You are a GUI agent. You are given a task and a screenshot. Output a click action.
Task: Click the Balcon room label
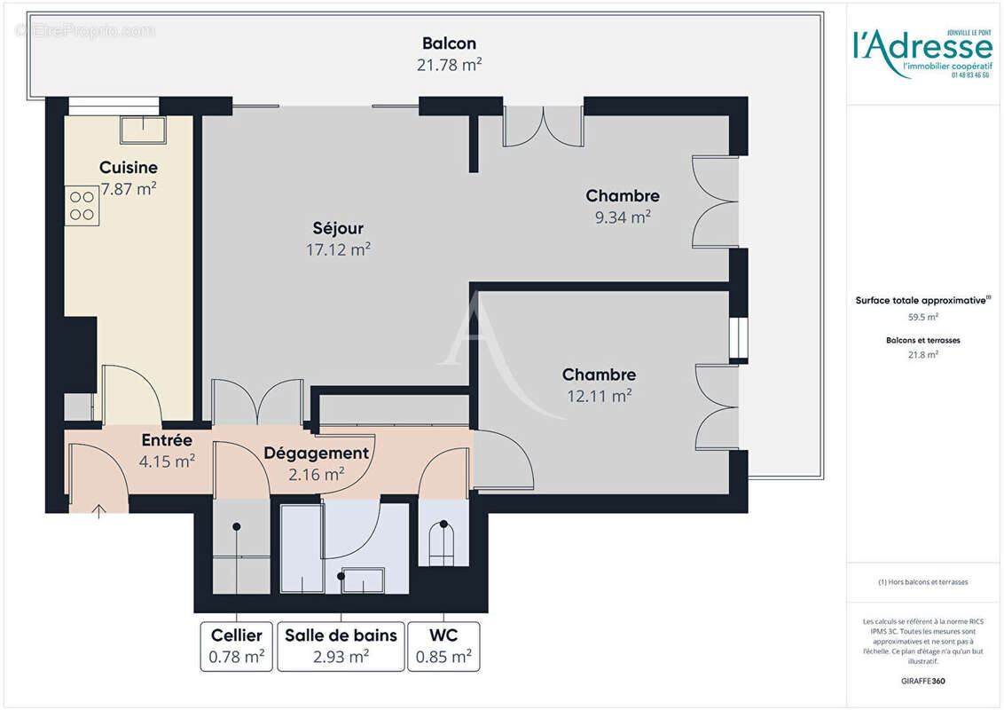coord(449,43)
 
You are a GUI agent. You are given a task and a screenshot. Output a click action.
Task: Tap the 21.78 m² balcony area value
coord(449,64)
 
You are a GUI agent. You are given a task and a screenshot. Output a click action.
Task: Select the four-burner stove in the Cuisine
coord(82,206)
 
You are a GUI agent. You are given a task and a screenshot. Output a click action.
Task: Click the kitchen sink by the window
coord(143,129)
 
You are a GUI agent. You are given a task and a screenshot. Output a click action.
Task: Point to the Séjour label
coord(338,229)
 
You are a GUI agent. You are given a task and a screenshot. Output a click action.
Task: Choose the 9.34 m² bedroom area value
coord(622,217)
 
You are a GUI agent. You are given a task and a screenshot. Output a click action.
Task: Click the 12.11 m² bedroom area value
coord(599,396)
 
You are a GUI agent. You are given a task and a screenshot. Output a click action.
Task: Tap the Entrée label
coord(167,439)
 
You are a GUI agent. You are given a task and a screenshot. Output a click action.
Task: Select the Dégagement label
coord(316,453)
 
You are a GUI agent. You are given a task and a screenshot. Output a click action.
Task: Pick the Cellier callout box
coord(236,646)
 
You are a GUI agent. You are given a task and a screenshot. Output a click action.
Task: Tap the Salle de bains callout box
coord(341,646)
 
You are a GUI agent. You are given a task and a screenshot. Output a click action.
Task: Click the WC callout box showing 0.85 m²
coord(443,646)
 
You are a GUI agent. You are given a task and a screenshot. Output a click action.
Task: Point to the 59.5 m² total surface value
coord(922,316)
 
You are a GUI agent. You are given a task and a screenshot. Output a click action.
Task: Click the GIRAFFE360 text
coord(922,682)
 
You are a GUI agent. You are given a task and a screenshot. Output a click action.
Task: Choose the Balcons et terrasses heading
coord(922,340)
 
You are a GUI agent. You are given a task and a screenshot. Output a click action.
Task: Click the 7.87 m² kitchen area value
coord(129,187)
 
